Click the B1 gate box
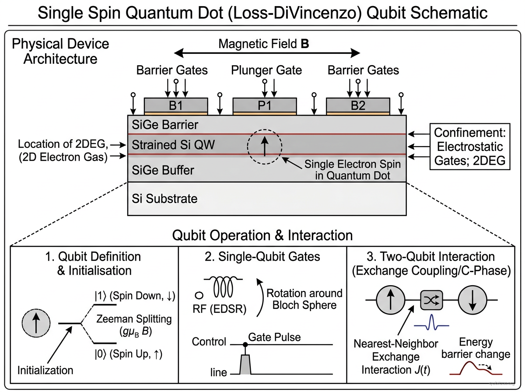coord(176,105)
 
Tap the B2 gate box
coord(358,105)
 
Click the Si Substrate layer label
coord(164,199)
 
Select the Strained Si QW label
coord(173,144)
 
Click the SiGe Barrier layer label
coord(164,125)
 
